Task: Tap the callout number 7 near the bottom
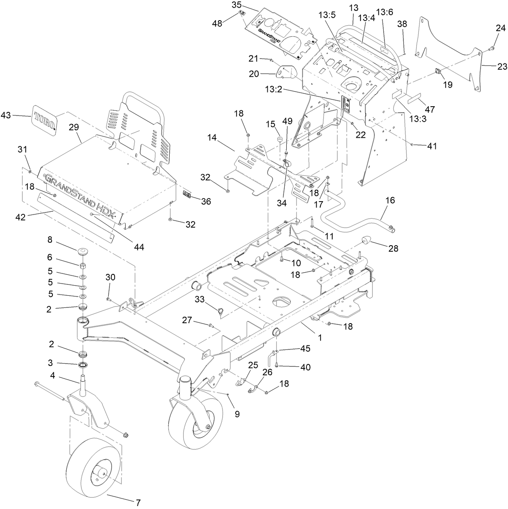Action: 138,503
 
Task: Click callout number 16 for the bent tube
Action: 390,200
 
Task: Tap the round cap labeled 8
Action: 83,252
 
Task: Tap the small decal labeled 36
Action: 187,194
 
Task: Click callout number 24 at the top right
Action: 500,29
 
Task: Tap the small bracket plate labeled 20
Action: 285,72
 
